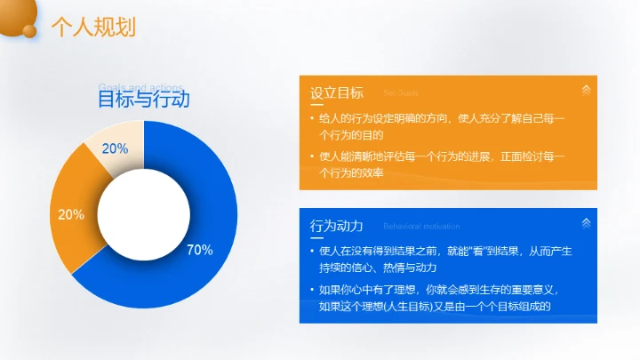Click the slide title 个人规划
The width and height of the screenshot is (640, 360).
pyautogui.click(x=93, y=28)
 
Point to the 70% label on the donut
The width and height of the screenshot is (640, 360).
pyautogui.click(x=199, y=250)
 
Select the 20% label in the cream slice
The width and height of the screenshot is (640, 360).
pyautogui.click(x=115, y=148)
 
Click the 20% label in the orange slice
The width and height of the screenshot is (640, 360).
pyautogui.click(x=71, y=214)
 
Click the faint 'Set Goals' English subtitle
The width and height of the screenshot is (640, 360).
pyautogui.click(x=401, y=93)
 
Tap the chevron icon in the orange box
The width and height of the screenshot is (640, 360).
pyautogui.click(x=585, y=90)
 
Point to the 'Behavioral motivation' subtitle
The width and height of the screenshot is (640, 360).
pyautogui.click(x=420, y=227)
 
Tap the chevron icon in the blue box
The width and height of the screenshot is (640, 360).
pyautogui.click(x=585, y=222)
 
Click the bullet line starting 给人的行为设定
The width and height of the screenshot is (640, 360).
pyautogui.click(x=441, y=127)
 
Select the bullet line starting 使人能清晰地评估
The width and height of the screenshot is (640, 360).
pyautogui.click(x=441, y=165)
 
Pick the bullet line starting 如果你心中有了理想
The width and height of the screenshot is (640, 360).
pyautogui.click(x=442, y=298)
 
